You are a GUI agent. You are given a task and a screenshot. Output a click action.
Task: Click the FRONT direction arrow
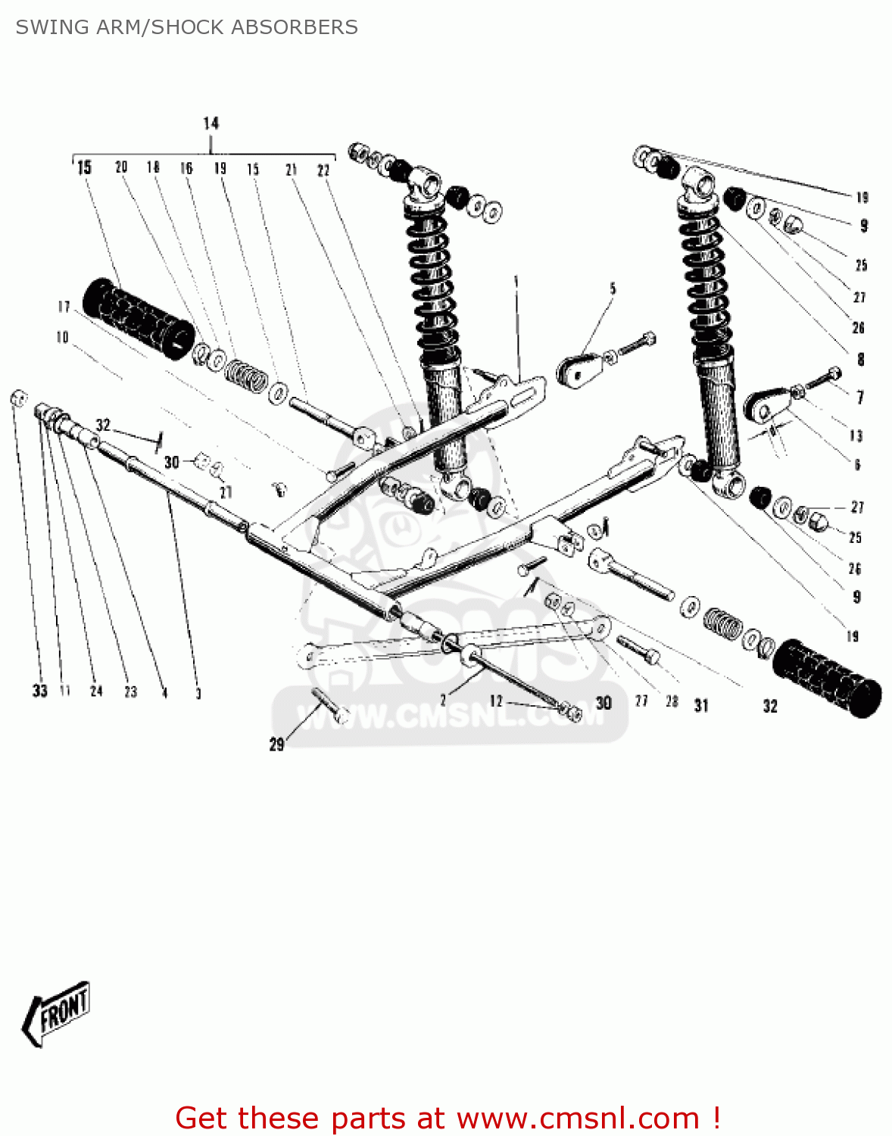pyautogui.click(x=57, y=1013)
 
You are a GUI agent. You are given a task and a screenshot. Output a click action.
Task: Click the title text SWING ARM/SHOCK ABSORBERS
pyautogui.click(x=186, y=27)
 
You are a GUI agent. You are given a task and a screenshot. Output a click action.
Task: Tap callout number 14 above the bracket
pyautogui.click(x=211, y=123)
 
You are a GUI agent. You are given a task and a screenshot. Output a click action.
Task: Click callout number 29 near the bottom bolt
pyautogui.click(x=277, y=744)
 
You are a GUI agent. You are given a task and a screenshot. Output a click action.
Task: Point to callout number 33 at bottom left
pyautogui.click(x=39, y=690)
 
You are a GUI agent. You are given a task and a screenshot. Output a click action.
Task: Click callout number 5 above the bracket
pyautogui.click(x=613, y=289)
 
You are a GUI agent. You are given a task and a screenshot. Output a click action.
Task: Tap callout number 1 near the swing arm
pyautogui.click(x=516, y=282)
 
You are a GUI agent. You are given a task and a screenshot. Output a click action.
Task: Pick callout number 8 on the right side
pyautogui.click(x=860, y=359)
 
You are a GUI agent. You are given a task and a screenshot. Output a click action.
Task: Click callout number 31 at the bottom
pyautogui.click(x=701, y=706)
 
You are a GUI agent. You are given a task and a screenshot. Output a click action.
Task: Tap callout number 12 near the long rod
pyautogui.click(x=496, y=701)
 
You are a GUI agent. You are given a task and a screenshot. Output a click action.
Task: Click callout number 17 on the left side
pyautogui.click(x=64, y=306)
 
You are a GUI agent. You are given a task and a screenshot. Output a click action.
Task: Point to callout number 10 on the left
pyautogui.click(x=62, y=337)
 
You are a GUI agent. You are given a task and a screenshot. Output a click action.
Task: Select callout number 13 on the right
pyautogui.click(x=856, y=435)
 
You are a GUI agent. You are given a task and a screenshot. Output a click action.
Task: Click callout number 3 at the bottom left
pyautogui.click(x=198, y=693)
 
